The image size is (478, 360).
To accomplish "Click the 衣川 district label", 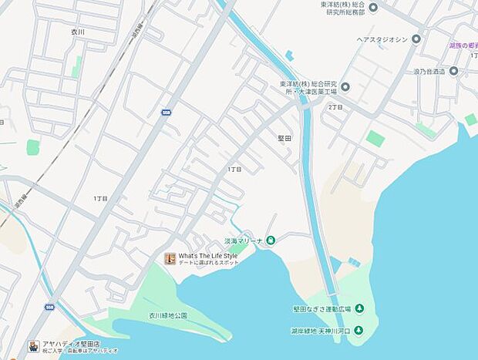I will pos(76,32).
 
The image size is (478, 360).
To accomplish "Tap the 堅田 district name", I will pos(284,138).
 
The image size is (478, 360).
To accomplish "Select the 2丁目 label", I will pos(335,106).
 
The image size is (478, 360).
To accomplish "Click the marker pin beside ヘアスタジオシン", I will pos(416,39).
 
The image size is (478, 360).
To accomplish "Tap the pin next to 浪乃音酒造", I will pos(453,71).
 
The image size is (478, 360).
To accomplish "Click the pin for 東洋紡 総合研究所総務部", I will pos(373,8).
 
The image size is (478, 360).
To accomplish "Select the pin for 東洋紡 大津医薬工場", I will pos(345,87).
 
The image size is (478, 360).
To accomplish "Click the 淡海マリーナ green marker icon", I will pos(271,241).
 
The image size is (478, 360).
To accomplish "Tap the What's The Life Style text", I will pos(208,256).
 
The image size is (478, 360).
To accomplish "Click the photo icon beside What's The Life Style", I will pos(170,259).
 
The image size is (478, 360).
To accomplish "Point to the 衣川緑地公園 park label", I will pos(168,315).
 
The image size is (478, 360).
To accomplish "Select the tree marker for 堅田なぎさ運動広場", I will pos(358,309).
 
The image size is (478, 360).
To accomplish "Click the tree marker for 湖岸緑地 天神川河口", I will pos(359,331).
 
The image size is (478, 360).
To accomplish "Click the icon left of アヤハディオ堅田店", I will pos(33,348).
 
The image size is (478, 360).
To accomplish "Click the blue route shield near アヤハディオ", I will pos(49,307).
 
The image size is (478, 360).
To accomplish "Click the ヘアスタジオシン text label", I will pos(377,39).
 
